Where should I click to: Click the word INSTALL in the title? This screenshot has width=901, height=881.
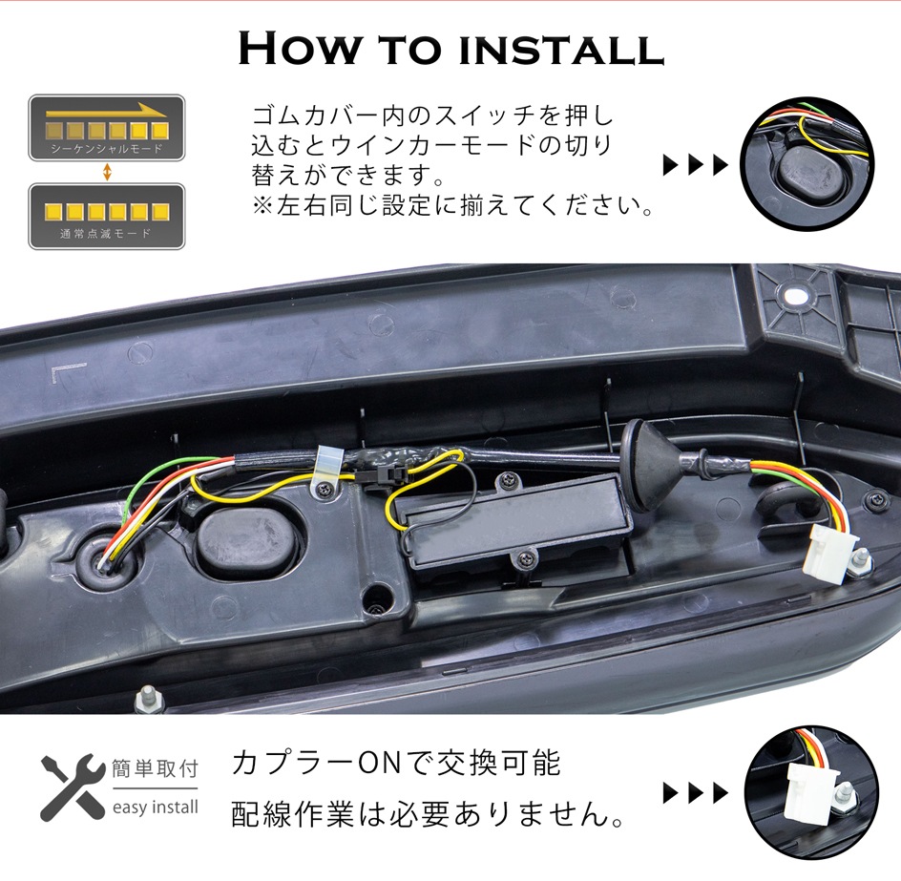tap(560, 49)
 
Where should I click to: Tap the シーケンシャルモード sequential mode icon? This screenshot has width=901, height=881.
tap(106, 127)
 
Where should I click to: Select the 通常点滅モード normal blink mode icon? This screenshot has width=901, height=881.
tap(106, 216)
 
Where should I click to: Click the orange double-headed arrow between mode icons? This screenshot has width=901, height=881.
tap(107, 172)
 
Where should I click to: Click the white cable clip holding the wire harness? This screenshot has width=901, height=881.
tap(326, 466)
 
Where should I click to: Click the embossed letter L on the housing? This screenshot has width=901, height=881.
tap(58, 375)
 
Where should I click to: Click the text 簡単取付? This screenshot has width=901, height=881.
tap(156, 768)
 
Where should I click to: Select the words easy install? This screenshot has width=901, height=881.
tap(156, 808)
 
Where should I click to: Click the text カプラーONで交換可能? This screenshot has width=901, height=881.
tap(396, 764)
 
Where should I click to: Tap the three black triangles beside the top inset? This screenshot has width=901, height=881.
tap(695, 167)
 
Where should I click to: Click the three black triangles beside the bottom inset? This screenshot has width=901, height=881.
tap(695, 793)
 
